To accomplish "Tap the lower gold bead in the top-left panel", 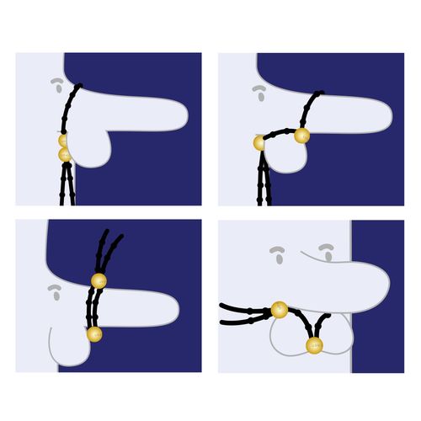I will pyautogui.click(x=64, y=155).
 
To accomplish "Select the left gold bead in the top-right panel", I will pyautogui.click(x=258, y=143).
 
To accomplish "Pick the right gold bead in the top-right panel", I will pyautogui.click(x=301, y=134).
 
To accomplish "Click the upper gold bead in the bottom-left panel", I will pyautogui.click(x=99, y=280).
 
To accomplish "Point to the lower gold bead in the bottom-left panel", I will pyautogui.click(x=94, y=334).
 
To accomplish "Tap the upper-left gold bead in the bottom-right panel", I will pyautogui.click(x=280, y=311).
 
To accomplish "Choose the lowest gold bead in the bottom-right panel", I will pyautogui.click(x=314, y=345).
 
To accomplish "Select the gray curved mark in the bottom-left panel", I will pyautogui.click(x=56, y=293).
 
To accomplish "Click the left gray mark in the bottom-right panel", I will pyautogui.click(x=279, y=253).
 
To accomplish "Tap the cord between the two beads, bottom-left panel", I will pyautogui.click(x=93, y=307).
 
